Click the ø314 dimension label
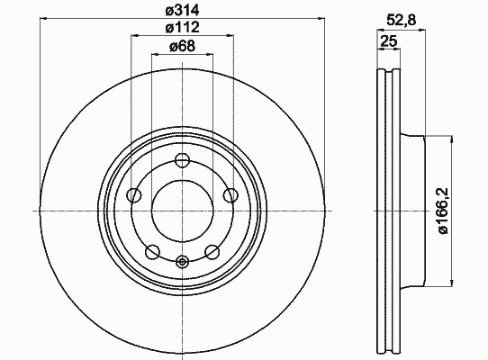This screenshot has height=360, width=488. (x=182, y=11)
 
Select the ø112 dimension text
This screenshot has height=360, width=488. (x=182, y=27)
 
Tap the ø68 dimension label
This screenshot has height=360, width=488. (x=182, y=47)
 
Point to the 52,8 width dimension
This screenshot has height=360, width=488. (x=402, y=21)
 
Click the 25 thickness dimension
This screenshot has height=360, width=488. (x=389, y=41)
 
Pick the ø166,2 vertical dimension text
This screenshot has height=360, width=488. (x=443, y=211)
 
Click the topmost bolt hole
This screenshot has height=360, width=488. (x=183, y=160)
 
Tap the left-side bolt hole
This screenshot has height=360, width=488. (x=134, y=195)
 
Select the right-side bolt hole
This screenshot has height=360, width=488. (x=230, y=195)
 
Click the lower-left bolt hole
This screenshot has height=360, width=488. (x=152, y=251)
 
